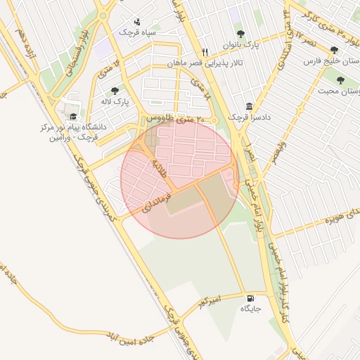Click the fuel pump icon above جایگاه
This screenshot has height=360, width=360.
251,298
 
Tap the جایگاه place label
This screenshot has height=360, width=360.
251,309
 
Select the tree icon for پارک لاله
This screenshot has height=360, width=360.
115,90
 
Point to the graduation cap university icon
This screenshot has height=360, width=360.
73,117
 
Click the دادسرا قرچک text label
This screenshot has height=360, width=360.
251,117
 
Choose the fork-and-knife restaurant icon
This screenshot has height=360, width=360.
205,52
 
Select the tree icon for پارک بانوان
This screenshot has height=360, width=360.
240,34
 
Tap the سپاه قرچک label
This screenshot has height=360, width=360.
136,32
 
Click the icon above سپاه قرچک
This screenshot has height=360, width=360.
136,21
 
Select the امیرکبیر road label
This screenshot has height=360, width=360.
209,302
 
